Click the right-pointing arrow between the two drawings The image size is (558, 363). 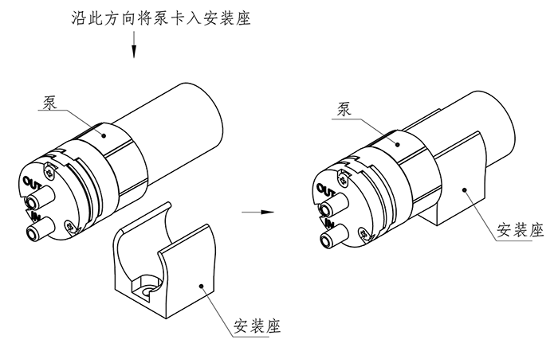pos(253,213)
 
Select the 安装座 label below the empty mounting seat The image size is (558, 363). pos(257,326)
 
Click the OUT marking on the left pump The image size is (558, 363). pos(33,184)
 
